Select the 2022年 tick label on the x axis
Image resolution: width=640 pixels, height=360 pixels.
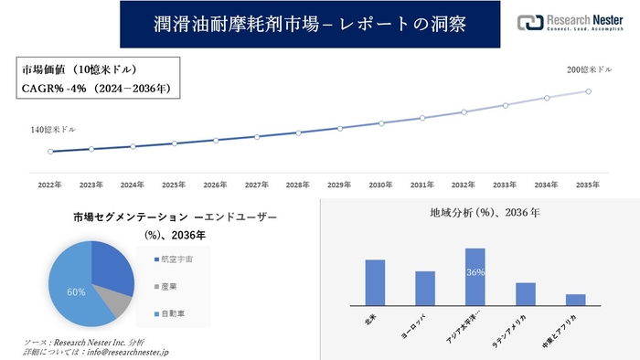click(x=50, y=184)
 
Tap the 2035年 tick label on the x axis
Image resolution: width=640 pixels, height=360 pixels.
click(x=588, y=184)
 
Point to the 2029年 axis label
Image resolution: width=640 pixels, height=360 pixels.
click(x=339, y=184)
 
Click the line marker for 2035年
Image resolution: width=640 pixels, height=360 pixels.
click(x=588, y=91)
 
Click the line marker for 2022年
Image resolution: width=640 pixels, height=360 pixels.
click(x=50, y=152)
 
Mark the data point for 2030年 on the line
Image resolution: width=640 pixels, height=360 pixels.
click(x=381, y=123)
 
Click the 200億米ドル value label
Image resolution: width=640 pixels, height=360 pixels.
click(x=588, y=70)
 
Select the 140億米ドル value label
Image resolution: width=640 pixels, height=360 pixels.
click(x=51, y=132)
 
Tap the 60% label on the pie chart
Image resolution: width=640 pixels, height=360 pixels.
click(x=77, y=292)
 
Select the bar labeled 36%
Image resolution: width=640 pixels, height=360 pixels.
click(x=475, y=277)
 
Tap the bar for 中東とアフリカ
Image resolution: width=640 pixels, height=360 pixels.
click(x=575, y=300)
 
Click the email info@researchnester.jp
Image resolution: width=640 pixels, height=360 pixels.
click(x=123, y=352)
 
